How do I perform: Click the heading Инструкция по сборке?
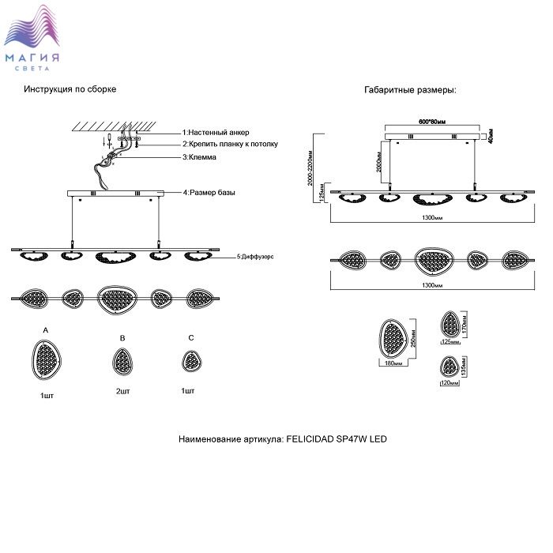tap(70, 89)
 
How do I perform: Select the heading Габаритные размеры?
tap(410, 91)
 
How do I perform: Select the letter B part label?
tap(122, 338)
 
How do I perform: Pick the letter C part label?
tap(190, 338)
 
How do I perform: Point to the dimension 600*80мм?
tap(431, 122)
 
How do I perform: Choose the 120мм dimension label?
tap(449, 382)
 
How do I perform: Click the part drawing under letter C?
tap(190, 361)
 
